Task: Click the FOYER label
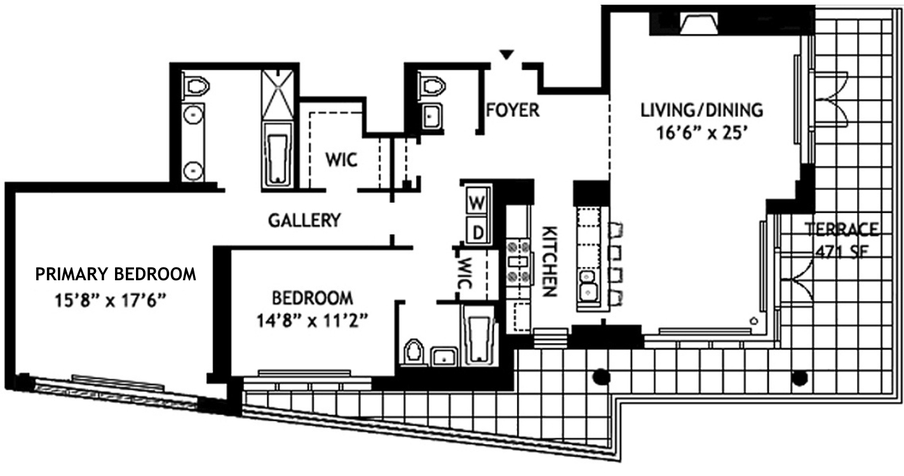coord(512,111)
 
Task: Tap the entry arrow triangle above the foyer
coord(506,55)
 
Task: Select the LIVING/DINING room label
coord(701,110)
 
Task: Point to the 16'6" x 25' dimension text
coord(701,135)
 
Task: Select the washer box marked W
coord(477,203)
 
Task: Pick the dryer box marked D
coord(478,232)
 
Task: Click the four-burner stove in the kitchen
coord(518,261)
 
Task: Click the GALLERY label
coord(304,221)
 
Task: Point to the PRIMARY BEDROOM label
coord(115,275)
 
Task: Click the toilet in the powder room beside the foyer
coord(431,86)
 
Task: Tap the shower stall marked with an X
coord(278,95)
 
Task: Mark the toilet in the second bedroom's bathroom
coord(413,352)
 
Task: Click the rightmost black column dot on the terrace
coord(799,378)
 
